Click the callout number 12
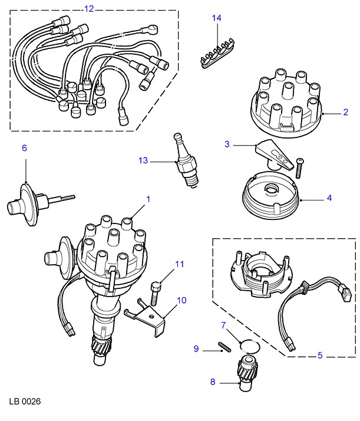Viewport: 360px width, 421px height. point(89,9)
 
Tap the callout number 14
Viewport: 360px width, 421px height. point(217,18)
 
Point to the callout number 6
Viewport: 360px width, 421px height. point(25,148)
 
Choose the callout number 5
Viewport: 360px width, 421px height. point(321,356)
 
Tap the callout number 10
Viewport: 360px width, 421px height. point(181,300)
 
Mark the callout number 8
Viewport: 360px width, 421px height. point(213,382)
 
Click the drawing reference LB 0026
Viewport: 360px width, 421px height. point(24,402)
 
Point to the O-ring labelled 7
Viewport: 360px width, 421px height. point(249,344)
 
